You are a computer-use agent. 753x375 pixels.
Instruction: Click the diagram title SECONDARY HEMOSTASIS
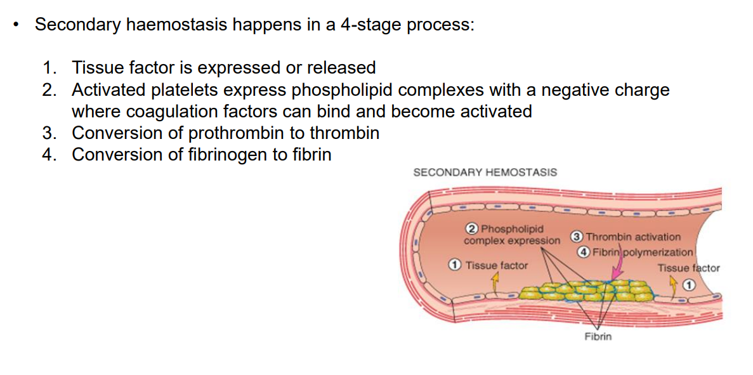[x=485, y=172]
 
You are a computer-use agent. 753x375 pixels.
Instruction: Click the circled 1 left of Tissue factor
[x=455, y=265]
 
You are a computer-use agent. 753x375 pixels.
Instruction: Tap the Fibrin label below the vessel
[x=598, y=336]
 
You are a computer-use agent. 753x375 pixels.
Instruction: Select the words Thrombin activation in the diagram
[x=633, y=237]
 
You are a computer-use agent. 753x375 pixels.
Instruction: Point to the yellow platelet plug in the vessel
[x=584, y=293]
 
